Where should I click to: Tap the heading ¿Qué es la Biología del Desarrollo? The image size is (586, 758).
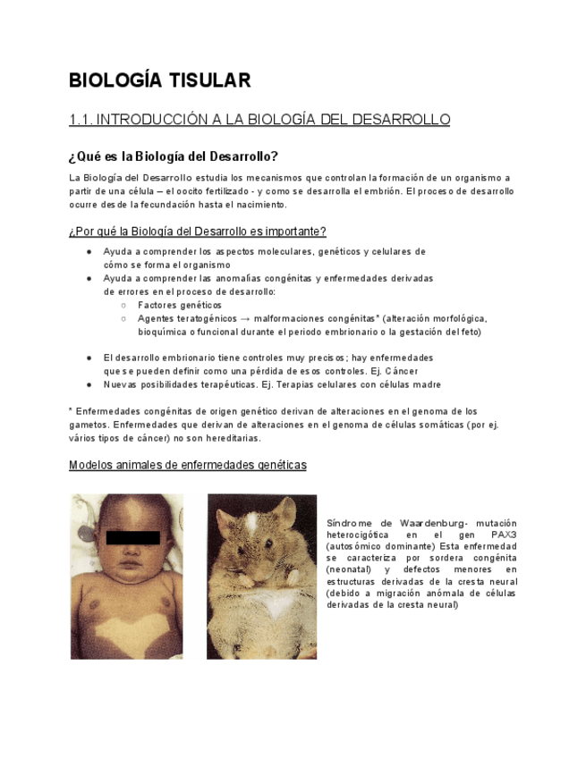tap(173, 156)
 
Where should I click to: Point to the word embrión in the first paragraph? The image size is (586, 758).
tap(377, 191)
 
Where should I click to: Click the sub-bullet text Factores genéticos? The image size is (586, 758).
tap(180, 305)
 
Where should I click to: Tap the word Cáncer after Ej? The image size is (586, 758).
tap(401, 370)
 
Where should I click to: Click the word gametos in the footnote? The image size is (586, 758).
tap(87, 425)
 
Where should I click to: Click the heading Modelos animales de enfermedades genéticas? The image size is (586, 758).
tap(187, 466)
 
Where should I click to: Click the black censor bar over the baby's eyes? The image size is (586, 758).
tap(133, 537)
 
